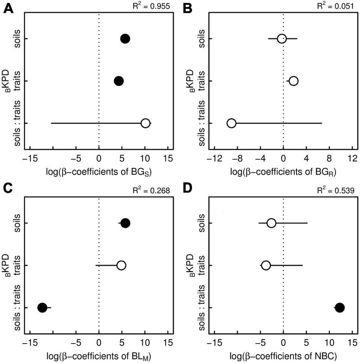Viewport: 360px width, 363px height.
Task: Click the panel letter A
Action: point(8,7)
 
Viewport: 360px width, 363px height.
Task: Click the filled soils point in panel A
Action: point(125,39)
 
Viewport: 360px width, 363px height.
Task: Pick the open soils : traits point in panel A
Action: point(145,123)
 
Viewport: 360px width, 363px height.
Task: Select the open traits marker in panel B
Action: point(293,81)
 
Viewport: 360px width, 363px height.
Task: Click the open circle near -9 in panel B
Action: point(231,123)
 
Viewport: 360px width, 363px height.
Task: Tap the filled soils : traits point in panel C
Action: point(42,307)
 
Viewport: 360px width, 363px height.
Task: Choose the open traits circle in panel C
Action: point(121,265)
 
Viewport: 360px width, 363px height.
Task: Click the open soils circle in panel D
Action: point(272,223)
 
